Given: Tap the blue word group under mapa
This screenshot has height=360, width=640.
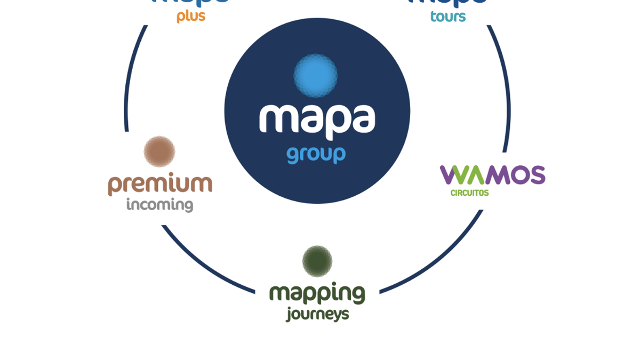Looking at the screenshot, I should coord(316,155).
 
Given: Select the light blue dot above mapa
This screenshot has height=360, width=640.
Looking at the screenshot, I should coord(316,75).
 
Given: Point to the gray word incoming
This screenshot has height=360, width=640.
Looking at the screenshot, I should coord(159,205).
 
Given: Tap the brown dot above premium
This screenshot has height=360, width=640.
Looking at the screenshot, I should coord(159,151).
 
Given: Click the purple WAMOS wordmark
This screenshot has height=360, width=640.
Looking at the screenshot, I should coord(492,175).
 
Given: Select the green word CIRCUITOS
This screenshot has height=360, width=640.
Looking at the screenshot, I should coord(469,193).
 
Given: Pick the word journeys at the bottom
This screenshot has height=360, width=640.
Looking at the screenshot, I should coord(317,314).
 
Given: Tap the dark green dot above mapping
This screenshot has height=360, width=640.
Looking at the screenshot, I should coord(317,261).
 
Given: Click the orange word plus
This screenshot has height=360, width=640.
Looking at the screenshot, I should coord(191,17).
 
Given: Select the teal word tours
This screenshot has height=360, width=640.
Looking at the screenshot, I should coord(448,17).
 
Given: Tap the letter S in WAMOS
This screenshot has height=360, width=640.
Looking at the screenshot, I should coord(535,175).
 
